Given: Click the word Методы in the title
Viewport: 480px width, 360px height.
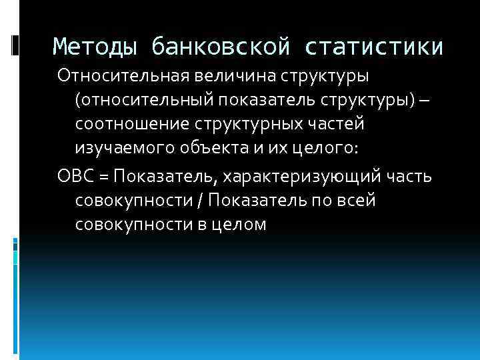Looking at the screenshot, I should point(95,47).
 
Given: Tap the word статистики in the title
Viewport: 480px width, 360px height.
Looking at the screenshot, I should point(375,47).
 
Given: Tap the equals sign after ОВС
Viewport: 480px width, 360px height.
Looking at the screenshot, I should point(103,176).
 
